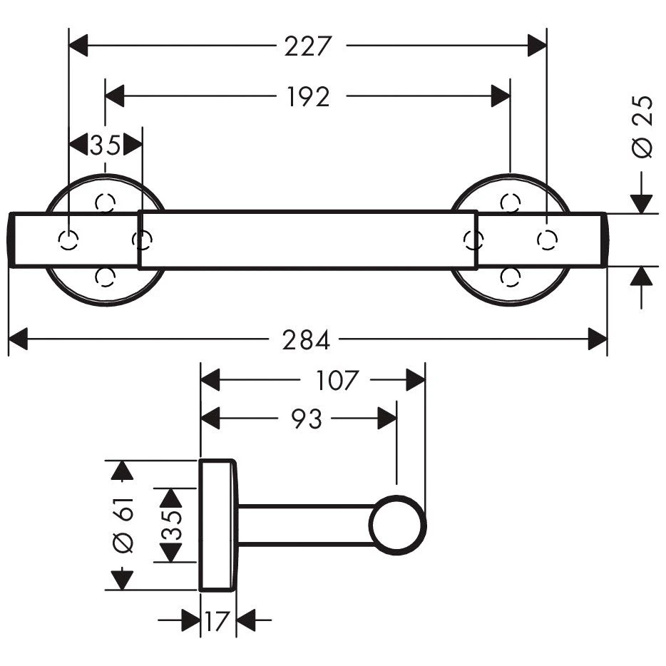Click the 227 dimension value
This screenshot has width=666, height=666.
click(308, 47)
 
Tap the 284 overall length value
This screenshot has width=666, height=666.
click(307, 340)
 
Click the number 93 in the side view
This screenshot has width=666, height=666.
click(307, 419)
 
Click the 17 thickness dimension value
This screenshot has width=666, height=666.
click(216, 621)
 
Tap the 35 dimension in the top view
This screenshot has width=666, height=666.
click(105, 145)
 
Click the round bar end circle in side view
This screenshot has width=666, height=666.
click(398, 526)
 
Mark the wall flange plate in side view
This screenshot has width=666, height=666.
click(217, 526)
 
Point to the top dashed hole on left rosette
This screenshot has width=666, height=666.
click(106, 203)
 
